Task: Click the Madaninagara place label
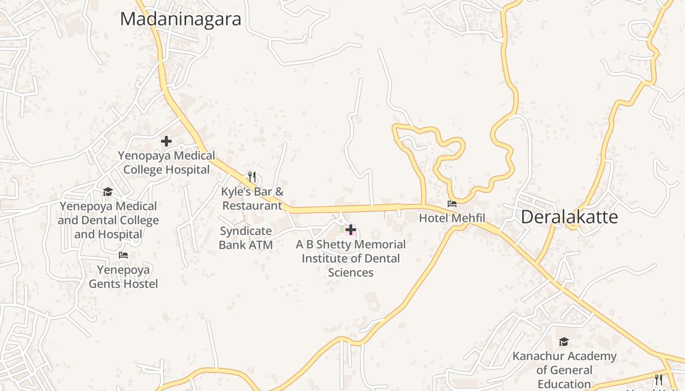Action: (x=181, y=20)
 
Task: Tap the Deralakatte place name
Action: (x=569, y=217)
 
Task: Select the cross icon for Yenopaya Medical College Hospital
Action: (x=166, y=141)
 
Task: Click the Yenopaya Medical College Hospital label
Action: (x=166, y=163)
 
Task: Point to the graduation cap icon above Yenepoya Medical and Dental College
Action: (x=108, y=192)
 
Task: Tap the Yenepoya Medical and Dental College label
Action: (x=108, y=220)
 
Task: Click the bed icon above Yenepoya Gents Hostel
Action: (x=123, y=255)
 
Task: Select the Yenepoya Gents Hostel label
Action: (x=123, y=277)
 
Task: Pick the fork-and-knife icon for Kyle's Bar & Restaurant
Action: (x=252, y=176)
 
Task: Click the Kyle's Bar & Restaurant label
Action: (x=252, y=198)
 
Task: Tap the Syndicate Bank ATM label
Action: (x=246, y=238)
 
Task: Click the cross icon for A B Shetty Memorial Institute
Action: (x=351, y=229)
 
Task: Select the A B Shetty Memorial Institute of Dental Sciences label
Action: (x=351, y=258)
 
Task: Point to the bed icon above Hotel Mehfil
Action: (x=452, y=204)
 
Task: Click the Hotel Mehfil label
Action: (x=452, y=218)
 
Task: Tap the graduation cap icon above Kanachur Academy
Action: (x=564, y=342)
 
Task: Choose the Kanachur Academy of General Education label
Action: (x=564, y=370)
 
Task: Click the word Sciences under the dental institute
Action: (x=351, y=273)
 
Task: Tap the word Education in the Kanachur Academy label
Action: (x=564, y=384)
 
